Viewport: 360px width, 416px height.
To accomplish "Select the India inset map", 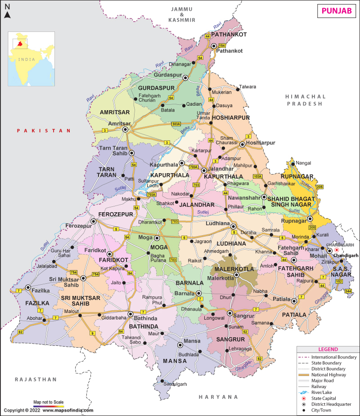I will [32, 58].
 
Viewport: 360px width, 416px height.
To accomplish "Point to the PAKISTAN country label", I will [44, 130].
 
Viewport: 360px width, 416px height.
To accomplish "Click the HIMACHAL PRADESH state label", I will [305, 100].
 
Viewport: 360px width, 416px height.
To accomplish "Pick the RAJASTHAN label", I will [36, 379].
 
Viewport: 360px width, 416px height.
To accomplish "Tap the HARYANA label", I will [219, 397].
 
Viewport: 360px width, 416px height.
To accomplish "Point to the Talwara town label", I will [247, 87].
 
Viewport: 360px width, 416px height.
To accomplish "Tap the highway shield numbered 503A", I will [176, 124].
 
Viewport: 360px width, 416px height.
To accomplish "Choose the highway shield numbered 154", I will [221, 46].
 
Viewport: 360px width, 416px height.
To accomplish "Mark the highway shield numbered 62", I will [20, 332].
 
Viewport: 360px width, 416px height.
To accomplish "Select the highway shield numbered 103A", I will [257, 176].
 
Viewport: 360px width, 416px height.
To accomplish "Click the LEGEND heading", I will [328, 349].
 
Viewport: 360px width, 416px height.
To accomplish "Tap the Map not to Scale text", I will [49, 402].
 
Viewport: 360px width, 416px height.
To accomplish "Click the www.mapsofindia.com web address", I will [68, 410].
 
